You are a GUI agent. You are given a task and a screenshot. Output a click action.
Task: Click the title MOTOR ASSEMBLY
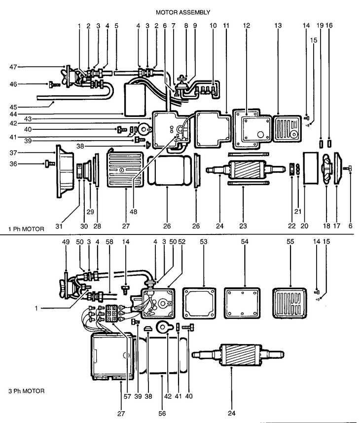pyautogui.click(x=183, y=12)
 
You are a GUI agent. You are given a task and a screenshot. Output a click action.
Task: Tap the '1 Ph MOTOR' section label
pyautogui.click(x=26, y=229)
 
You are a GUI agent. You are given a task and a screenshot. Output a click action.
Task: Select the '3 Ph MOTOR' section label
pyautogui.click(x=27, y=391)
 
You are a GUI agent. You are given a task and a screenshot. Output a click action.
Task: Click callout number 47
pyautogui.click(x=13, y=67)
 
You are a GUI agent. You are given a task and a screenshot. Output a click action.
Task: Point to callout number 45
pyautogui.click(x=13, y=107)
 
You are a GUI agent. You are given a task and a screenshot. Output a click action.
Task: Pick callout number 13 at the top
pyautogui.click(x=278, y=26)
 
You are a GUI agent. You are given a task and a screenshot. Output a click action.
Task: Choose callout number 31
pyautogui.click(x=59, y=226)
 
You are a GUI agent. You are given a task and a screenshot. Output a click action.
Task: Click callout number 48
pyautogui.click(x=133, y=212)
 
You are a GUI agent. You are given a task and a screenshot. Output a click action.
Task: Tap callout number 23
pyautogui.click(x=243, y=226)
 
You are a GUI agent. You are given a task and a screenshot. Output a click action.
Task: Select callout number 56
pyautogui.click(x=162, y=413)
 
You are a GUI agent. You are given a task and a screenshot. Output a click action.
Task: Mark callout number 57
pyautogui.click(x=127, y=396)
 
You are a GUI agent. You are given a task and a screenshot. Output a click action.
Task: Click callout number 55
pyautogui.click(x=290, y=242)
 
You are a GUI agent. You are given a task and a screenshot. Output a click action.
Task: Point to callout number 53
pyautogui.click(x=204, y=242)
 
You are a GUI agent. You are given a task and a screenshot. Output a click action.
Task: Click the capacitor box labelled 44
pyautogui.click(x=135, y=100)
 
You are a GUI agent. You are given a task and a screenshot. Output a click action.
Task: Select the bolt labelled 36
pyautogui.click(x=50, y=163)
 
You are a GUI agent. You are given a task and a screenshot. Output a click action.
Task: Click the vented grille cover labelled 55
pyautogui.click(x=289, y=303)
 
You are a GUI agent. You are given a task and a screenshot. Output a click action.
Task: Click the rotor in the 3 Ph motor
pyautogui.click(x=238, y=355)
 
